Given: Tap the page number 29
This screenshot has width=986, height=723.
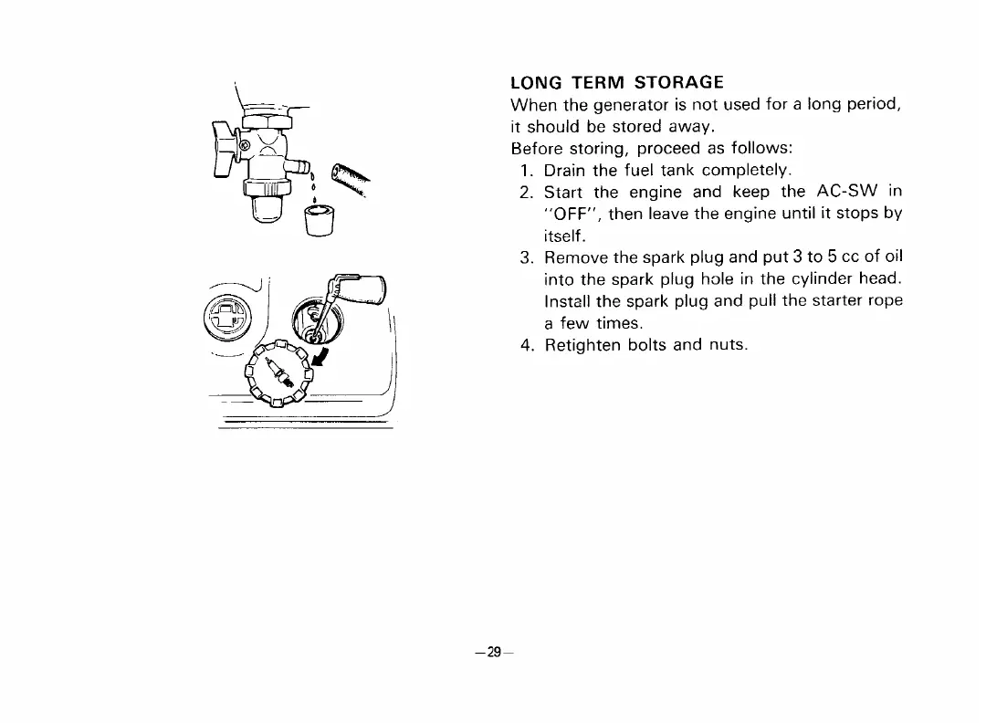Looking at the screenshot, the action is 493,652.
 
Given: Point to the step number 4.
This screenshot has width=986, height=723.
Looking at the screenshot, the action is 526,346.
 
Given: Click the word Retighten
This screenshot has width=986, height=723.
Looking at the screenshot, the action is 587,346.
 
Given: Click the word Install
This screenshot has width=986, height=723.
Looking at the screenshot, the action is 568,302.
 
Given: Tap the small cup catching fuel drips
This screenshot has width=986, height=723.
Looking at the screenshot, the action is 316,222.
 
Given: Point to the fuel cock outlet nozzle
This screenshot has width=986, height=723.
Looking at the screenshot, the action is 295,169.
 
